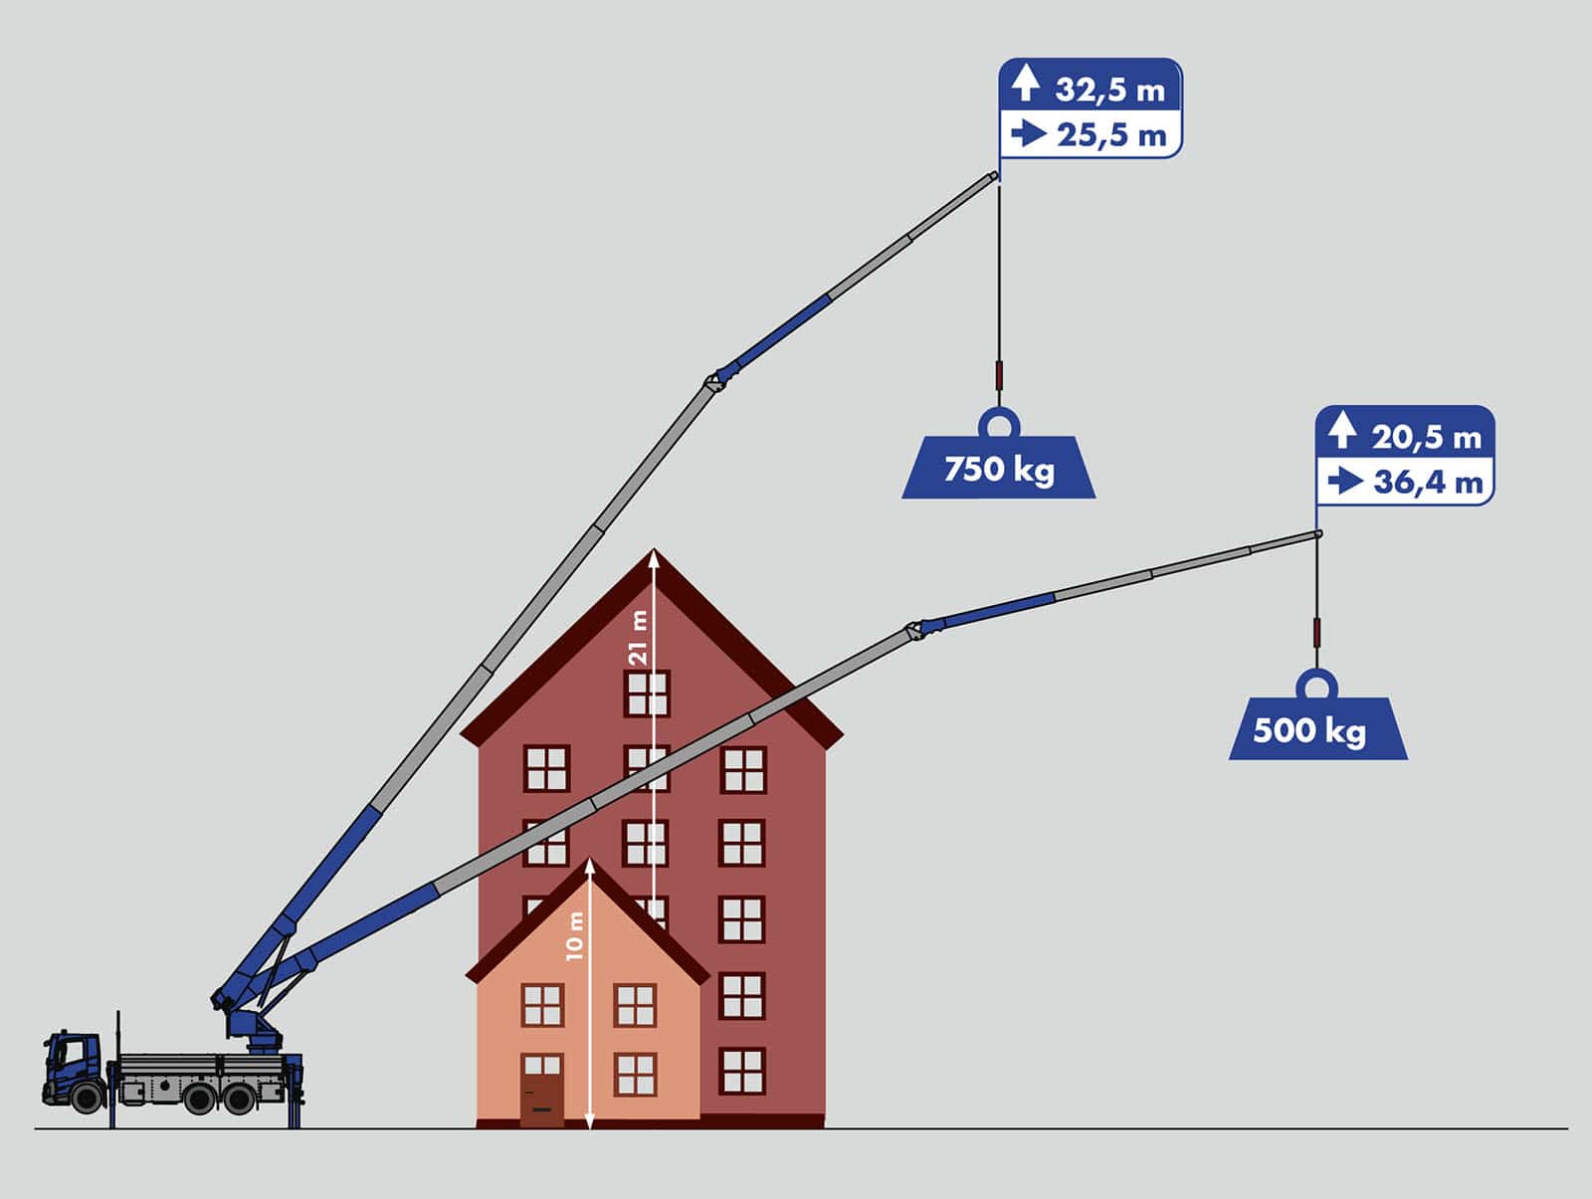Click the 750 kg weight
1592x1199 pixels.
[999, 467]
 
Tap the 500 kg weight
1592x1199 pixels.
[1317, 728]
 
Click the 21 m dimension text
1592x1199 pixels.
[638, 638]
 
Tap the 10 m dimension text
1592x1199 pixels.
[574, 935]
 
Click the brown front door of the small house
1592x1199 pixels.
[542, 1100]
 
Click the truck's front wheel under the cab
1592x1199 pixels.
[88, 1098]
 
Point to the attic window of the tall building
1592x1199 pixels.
[647, 694]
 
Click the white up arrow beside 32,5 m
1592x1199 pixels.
[1026, 83]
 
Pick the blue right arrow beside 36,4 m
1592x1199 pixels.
[1346, 481]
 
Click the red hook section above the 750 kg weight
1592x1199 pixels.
[999, 375]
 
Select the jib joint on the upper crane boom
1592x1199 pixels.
[716, 380]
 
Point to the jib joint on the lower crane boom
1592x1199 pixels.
[916, 630]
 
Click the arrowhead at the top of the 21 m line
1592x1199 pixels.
[654, 558]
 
